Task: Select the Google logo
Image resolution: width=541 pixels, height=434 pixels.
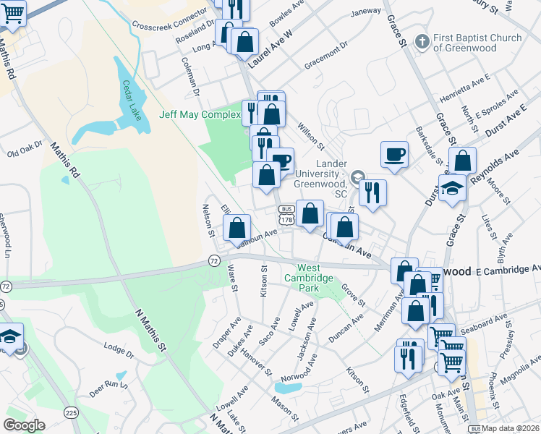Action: (24, 425)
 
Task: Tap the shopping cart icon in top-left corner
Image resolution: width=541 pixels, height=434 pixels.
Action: (13, 12)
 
